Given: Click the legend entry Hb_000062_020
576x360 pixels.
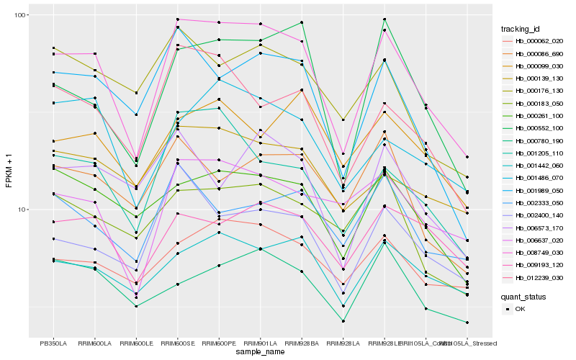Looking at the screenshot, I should pos(533,41).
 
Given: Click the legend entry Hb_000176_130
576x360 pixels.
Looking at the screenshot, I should pos(533,91).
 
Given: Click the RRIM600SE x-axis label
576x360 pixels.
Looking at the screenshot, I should pos(177,343).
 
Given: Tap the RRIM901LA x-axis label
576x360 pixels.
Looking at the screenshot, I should pos(261,343).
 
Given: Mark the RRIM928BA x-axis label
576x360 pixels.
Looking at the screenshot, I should pos(302,343).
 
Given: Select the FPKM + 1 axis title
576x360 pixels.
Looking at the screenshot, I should pos(9,171).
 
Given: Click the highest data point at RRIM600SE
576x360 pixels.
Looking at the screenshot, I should pos(177,19).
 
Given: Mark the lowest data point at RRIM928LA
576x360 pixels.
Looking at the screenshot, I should pos(343,321).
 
